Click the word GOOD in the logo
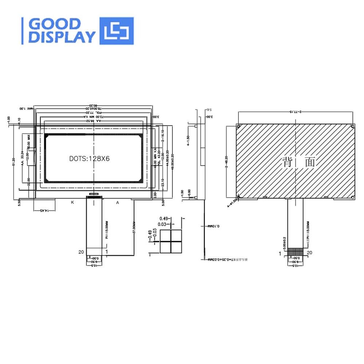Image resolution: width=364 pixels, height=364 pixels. pyautogui.click(x=55, y=24)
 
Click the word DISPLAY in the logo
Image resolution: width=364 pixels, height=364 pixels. pyautogui.click(x=62, y=37)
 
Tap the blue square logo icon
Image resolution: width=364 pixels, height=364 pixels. pyautogui.click(x=116, y=31)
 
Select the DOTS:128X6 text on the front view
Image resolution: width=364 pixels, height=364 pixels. pyautogui.click(x=90, y=159)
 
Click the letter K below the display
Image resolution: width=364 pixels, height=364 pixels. pyautogui.click(x=72, y=202)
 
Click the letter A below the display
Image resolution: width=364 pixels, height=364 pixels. pyautogui.click(x=118, y=202)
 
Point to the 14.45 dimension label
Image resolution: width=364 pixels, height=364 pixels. pyautogui.click(x=44, y=211)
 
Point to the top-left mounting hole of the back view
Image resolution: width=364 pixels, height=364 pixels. pyautogui.click(x=238, y=126)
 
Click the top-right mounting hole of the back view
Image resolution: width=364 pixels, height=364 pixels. pyautogui.click(x=353, y=126)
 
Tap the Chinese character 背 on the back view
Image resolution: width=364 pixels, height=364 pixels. pyautogui.click(x=288, y=162)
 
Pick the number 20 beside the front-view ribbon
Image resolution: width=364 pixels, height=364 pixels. pyautogui.click(x=81, y=252)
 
